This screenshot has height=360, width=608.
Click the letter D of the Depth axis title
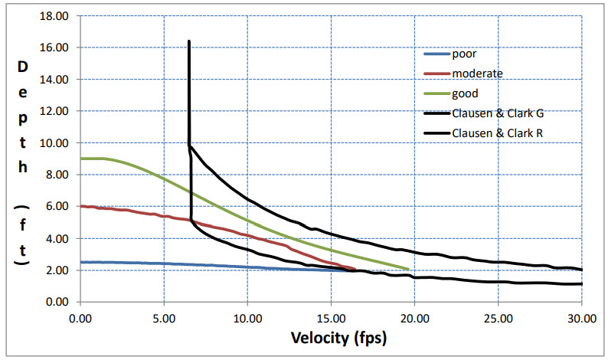[x=22, y=67]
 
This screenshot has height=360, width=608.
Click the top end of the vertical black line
[x=188, y=41]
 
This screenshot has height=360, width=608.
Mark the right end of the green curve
[x=407, y=269]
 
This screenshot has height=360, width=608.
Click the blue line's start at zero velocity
[x=80, y=262]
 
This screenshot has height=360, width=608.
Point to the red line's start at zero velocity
[x=80, y=206]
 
